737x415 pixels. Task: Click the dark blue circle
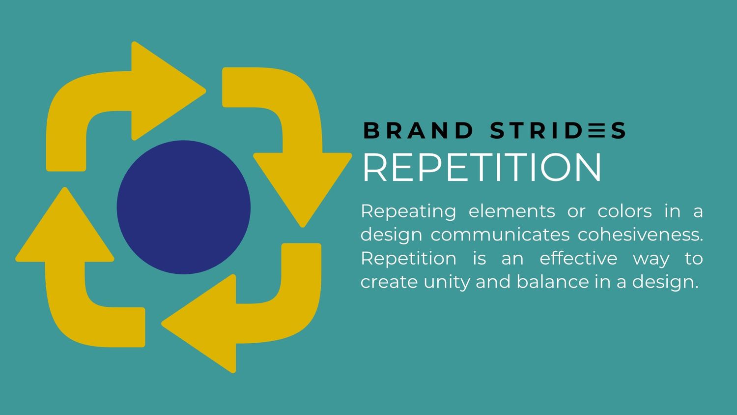click(183, 207)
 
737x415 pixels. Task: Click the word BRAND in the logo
click(418, 131)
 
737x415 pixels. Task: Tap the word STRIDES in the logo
click(558, 131)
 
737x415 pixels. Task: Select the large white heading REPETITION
click(482, 168)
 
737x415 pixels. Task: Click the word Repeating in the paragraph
click(408, 211)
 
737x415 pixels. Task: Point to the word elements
click(511, 211)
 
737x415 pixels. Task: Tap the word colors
click(624, 211)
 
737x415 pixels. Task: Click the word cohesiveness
click(640, 235)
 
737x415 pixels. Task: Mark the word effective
click(578, 259)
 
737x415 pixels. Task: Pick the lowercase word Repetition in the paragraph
click(408, 259)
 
